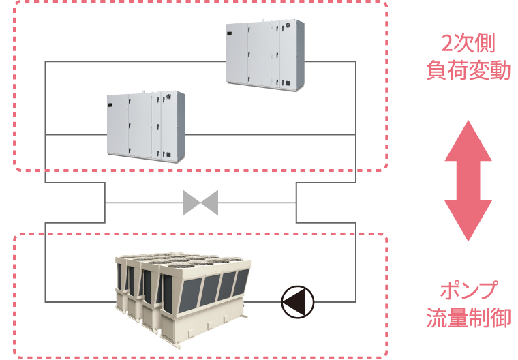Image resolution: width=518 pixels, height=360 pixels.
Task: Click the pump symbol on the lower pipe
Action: (298, 301)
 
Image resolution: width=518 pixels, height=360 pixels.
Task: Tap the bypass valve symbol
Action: (200, 202)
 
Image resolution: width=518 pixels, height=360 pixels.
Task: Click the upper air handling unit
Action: (264, 54)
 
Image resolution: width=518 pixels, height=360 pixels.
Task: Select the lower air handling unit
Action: (146, 125)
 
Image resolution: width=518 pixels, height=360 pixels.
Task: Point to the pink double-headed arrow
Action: (468, 181)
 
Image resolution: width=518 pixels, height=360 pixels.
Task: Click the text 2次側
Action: (468, 44)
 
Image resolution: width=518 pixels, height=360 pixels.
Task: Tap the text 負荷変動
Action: (468, 70)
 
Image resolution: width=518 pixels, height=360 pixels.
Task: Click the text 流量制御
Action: (468, 318)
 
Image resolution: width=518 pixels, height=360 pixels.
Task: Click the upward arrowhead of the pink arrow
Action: (468, 140)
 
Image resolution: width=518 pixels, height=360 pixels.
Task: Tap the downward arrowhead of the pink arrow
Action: (468, 222)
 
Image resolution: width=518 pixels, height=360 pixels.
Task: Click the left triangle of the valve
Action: (192, 202)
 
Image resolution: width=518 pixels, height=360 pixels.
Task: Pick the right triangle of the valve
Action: (209, 202)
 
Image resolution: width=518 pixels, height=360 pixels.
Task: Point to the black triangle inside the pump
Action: (294, 301)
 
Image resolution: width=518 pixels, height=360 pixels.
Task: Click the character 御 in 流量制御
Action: (500, 318)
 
